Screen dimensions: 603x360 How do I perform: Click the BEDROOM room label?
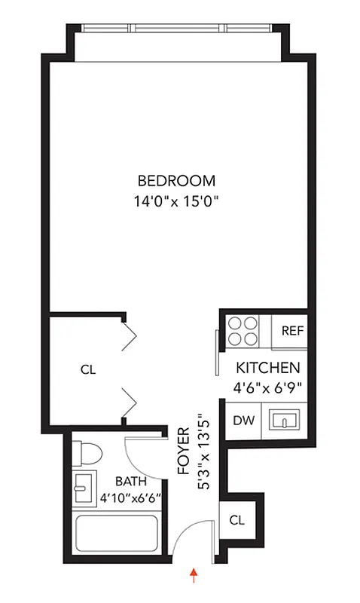click(176, 181)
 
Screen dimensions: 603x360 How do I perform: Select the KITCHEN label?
click(269, 369)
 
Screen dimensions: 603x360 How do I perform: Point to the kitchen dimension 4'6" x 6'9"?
click(269, 390)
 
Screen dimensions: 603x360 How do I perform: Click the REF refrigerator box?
click(291, 331)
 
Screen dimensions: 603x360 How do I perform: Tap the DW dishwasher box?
click(242, 420)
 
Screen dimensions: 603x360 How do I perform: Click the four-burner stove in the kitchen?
click(244, 330)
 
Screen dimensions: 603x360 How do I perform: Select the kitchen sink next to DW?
click(285, 420)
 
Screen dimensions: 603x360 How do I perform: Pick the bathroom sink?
click(83, 488)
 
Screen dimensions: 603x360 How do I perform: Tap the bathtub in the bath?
click(117, 537)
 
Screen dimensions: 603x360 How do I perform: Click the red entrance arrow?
click(195, 577)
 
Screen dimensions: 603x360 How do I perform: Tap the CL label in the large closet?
click(88, 370)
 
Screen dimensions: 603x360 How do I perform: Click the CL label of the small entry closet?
click(236, 520)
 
